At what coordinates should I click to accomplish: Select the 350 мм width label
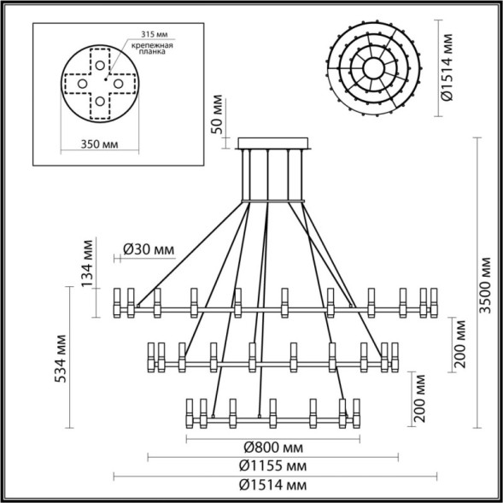pos(98,145)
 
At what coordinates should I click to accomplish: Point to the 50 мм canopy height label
pos(217,123)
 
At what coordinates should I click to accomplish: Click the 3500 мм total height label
pos(485,284)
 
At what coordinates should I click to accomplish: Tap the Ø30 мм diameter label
pos(148,249)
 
